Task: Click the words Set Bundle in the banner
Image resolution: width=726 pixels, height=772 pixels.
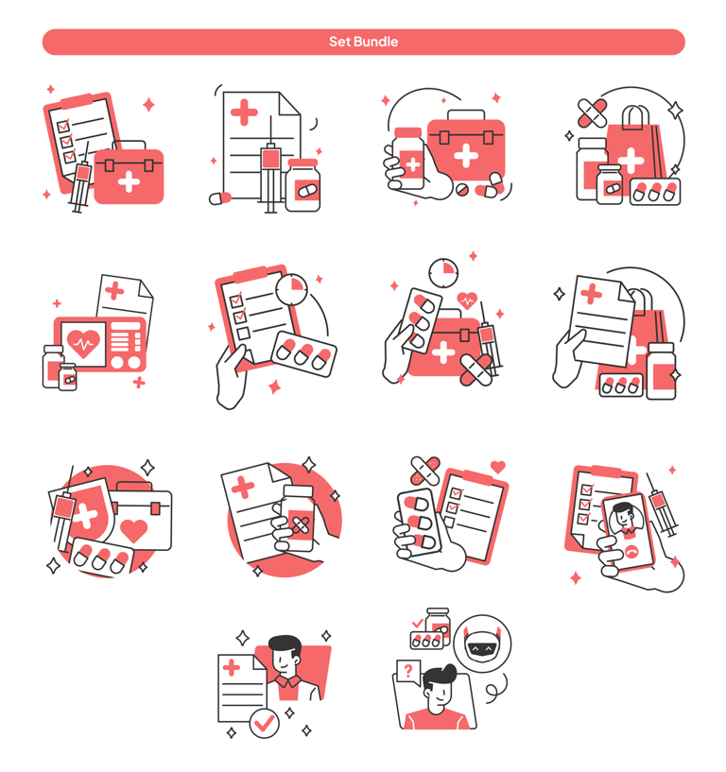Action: (364, 42)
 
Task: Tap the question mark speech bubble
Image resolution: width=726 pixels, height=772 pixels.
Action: (408, 673)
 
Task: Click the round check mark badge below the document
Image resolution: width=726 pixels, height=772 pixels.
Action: (265, 723)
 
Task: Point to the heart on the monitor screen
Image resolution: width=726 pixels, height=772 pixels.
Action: (83, 343)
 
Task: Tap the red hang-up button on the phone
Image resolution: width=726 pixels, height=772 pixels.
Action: (631, 553)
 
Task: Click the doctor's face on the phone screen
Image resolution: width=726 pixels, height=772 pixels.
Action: (626, 518)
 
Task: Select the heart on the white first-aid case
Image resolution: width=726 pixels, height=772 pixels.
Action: (133, 531)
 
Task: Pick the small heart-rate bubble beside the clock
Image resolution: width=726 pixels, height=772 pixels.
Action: (467, 300)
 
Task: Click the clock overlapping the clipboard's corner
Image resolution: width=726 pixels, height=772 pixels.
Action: (291, 289)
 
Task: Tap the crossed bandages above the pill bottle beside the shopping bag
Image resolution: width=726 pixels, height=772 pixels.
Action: (592, 113)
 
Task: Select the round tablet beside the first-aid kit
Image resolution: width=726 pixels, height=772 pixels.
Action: (461, 190)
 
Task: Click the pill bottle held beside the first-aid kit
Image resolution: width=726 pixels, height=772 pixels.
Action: (408, 158)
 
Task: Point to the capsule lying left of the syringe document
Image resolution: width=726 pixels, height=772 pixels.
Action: (220, 197)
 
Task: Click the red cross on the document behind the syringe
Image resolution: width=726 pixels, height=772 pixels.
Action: (244, 112)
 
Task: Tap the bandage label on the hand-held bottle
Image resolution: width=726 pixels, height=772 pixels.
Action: (301, 525)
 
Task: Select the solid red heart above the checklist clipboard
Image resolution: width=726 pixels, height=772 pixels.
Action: (498, 466)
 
